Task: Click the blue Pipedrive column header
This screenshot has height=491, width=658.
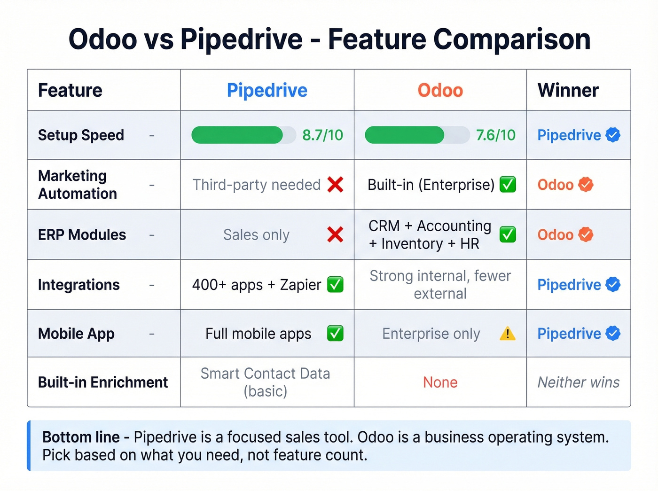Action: pos(267,90)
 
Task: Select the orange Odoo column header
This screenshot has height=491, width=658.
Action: pos(440,90)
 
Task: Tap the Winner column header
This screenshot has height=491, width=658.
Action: pos(568,90)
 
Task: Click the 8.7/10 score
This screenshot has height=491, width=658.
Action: pos(322,135)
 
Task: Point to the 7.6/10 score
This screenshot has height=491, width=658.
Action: pos(495,135)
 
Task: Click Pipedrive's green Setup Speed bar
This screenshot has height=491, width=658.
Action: pos(237,135)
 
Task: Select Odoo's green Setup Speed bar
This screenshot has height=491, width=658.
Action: pos(404,135)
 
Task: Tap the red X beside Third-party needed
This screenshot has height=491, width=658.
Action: pos(335,185)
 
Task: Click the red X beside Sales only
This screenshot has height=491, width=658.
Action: pos(335,234)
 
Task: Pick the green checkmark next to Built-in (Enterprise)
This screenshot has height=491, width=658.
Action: pos(508,185)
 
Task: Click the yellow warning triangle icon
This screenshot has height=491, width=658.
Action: pos(508,334)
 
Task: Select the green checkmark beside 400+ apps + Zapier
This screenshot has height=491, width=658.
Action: pos(335,284)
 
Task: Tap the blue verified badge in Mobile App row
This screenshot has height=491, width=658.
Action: pos(613,334)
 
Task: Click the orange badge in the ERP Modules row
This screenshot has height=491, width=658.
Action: pos(586,234)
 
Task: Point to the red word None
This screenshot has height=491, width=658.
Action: pos(440,382)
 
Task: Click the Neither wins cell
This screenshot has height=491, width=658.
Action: pos(579,382)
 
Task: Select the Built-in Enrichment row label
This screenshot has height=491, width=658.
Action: pos(103,382)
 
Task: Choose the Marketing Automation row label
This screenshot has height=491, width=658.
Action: pos(78,185)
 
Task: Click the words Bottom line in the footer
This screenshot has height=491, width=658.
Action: pos(81,437)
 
